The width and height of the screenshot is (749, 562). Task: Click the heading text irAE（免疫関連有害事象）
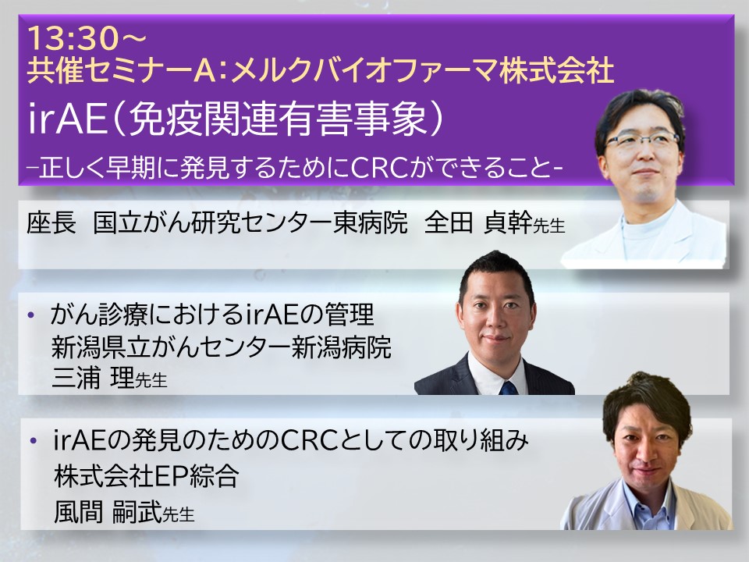[236, 118]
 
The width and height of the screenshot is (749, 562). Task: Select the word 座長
[51, 222]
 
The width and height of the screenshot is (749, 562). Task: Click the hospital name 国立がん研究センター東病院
[250, 222]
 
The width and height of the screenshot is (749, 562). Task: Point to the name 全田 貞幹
[478, 222]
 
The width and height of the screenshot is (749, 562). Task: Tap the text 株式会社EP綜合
[146, 475]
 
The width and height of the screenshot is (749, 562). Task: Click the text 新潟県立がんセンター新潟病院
[222, 347]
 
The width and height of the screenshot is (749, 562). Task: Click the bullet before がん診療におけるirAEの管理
[32, 315]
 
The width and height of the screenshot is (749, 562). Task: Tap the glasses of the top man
[641, 140]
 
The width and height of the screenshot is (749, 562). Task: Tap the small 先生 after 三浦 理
[151, 380]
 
